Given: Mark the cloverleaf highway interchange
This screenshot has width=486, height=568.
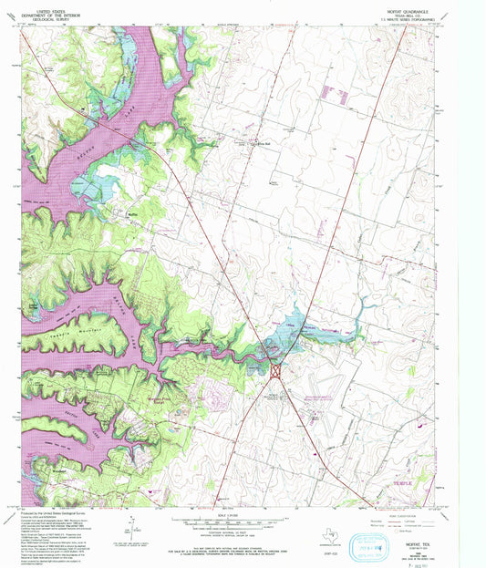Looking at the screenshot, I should (274, 371).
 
